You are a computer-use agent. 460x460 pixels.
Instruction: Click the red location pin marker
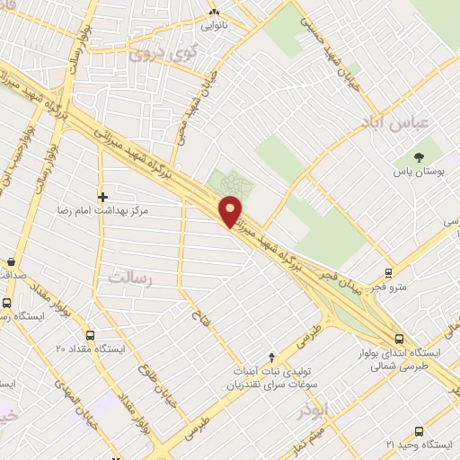click(x=231, y=211)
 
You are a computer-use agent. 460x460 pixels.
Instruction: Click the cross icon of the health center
click(x=103, y=195)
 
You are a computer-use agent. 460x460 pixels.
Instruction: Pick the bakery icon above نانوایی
click(x=214, y=13)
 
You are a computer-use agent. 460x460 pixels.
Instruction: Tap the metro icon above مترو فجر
click(x=388, y=272)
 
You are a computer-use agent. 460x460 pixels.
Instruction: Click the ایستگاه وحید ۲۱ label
click(x=416, y=445)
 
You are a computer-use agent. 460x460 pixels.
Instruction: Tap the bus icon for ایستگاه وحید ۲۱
click(x=418, y=431)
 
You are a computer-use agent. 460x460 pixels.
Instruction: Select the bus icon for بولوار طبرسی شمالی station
click(x=399, y=339)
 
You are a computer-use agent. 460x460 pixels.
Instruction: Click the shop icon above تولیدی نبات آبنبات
click(x=272, y=357)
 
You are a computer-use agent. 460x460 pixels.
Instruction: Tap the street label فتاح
click(x=198, y=317)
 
